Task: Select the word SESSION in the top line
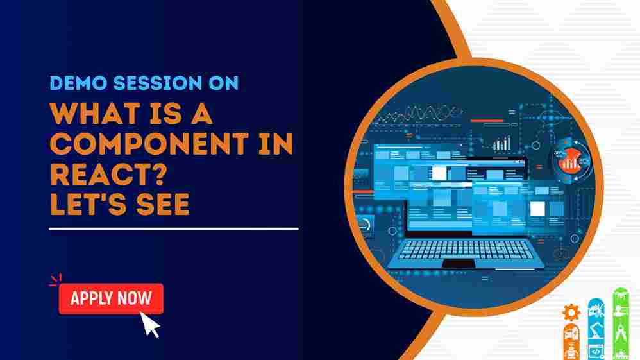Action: [x=158, y=83]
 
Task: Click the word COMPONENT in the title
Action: [x=149, y=144]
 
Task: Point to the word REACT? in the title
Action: [x=108, y=174]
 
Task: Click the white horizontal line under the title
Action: [x=174, y=229]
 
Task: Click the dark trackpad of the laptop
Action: [x=459, y=264]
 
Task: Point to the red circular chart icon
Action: [x=571, y=160]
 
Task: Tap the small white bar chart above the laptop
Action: [x=501, y=144]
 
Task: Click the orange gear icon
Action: [x=571, y=313]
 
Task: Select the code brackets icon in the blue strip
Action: [x=596, y=352]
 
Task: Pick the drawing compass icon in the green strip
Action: [x=621, y=333]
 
